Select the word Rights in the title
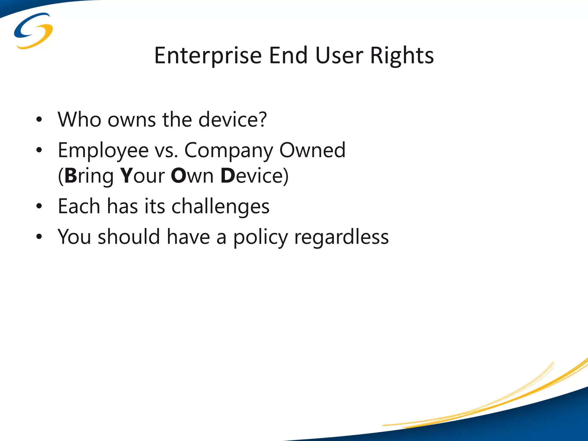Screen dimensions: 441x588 (402, 56)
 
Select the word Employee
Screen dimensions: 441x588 (103, 151)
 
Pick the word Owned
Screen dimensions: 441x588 (312, 150)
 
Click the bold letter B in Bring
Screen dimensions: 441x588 (71, 176)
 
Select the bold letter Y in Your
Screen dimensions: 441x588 (126, 176)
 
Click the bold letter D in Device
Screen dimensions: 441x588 (228, 176)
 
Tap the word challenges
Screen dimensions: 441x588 (220, 207)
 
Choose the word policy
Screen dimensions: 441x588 (260, 238)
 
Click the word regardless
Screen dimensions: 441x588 (341, 238)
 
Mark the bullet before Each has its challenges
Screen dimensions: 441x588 (39, 206)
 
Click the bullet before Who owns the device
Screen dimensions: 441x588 (39, 119)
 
